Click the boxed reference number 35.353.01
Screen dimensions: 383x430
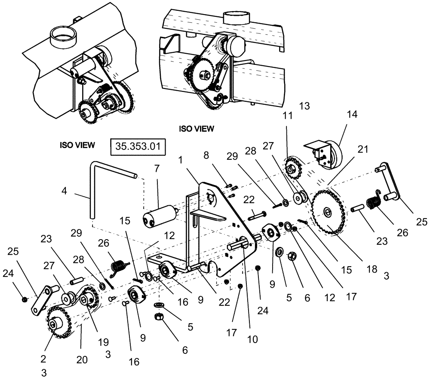pos(138,146)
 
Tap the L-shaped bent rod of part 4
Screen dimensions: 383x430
pos(92,189)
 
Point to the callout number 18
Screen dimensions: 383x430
pos(372,269)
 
